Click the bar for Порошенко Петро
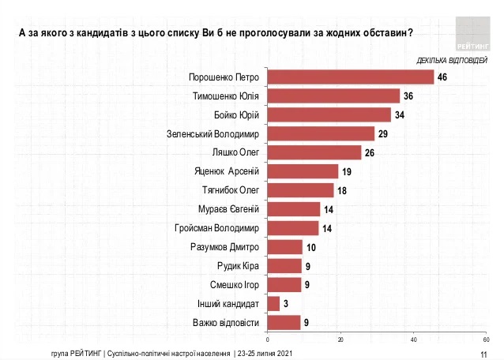pyautogui.click(x=351, y=77)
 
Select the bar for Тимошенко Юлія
pyautogui.click(x=333, y=96)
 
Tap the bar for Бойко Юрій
pyautogui.click(x=329, y=114)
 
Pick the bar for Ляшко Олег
pyautogui.click(x=314, y=152)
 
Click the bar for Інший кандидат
pyautogui.click(x=273, y=303)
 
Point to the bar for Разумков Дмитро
pyautogui.click(x=285, y=246)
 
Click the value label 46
pyautogui.click(x=442, y=77)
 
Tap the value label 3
pyautogui.click(x=286, y=304)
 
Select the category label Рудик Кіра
pyautogui.click(x=239, y=266)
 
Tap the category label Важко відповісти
pyautogui.click(x=228, y=322)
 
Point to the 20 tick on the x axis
pyautogui.click(x=340, y=339)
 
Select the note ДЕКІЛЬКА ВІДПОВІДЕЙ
pyautogui.click(x=446, y=60)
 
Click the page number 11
pyautogui.click(x=483, y=353)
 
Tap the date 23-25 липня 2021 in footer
pyautogui.click(x=265, y=352)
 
